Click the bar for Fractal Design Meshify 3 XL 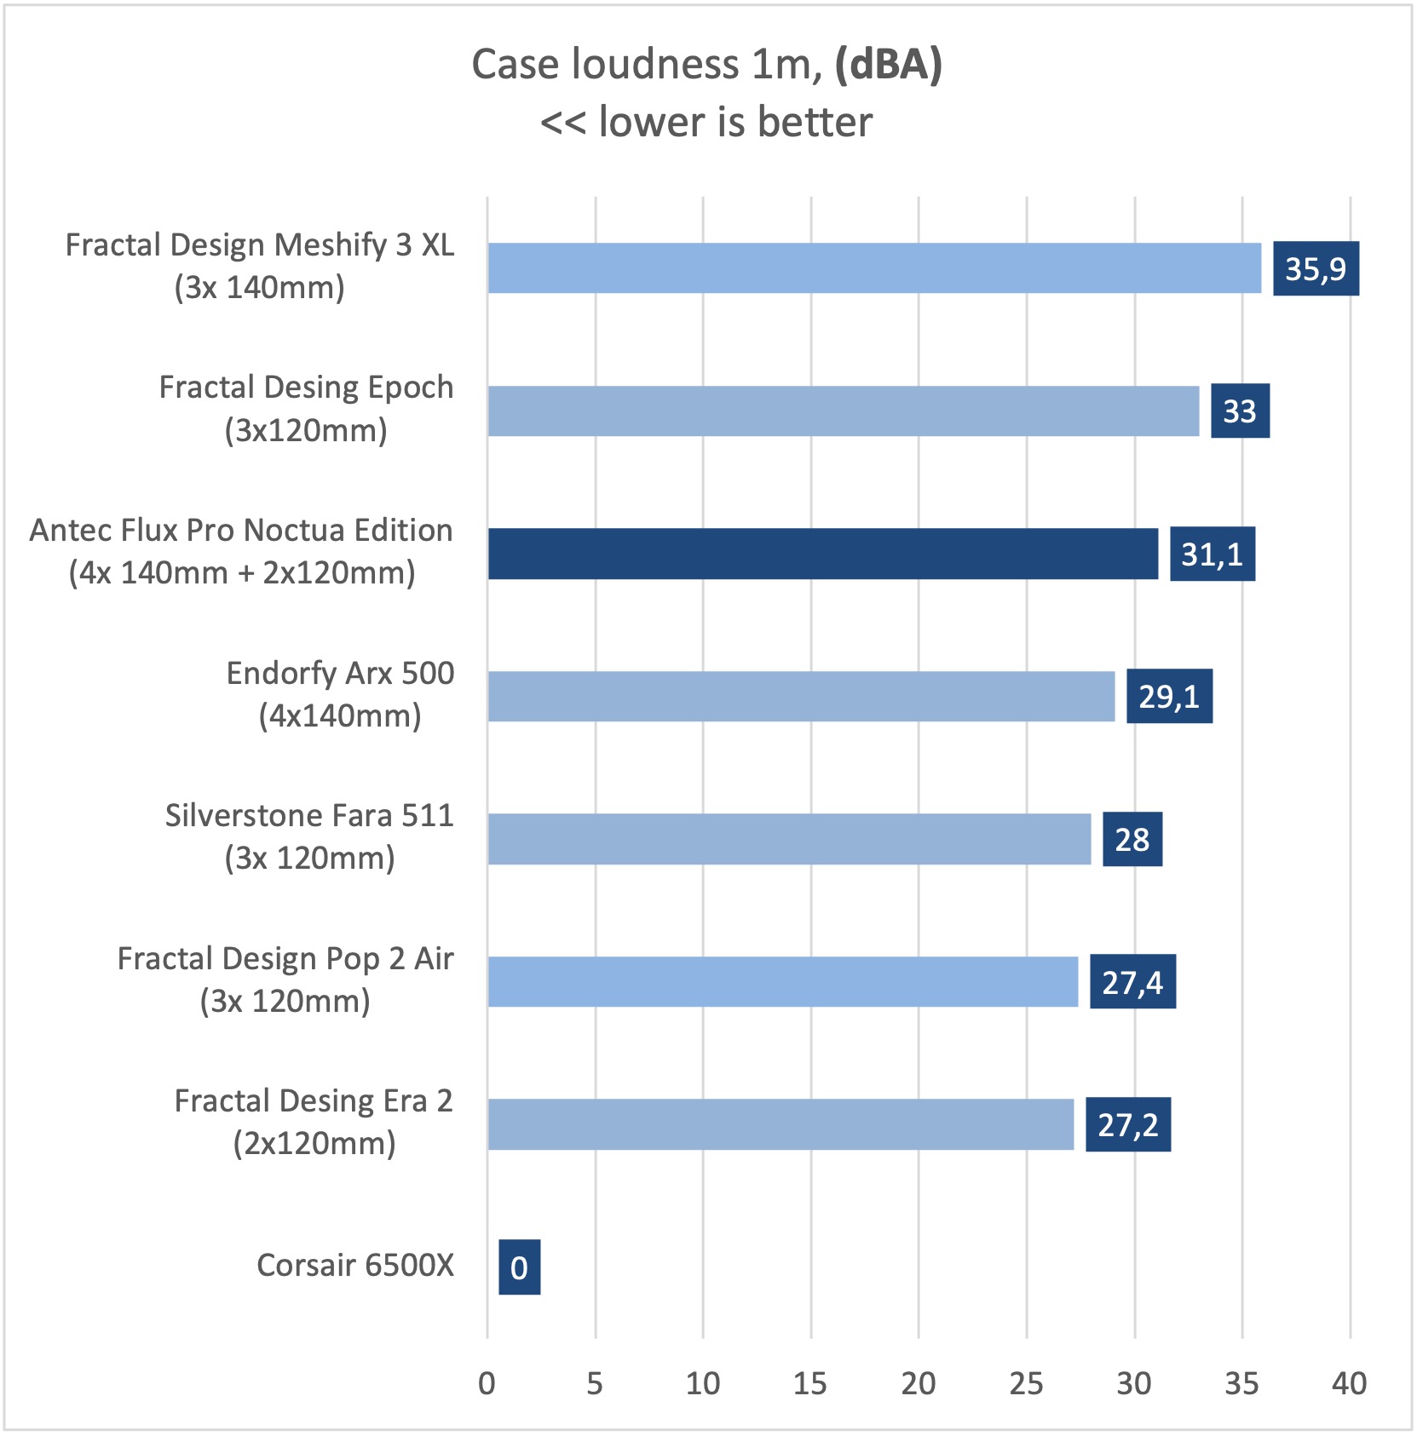(874, 268)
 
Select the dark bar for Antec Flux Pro (823, 554)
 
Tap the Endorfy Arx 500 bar (801, 696)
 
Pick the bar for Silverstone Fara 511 (789, 839)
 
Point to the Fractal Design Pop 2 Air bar (782, 981)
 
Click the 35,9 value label (1316, 269)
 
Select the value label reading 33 (1240, 411)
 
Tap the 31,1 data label (1212, 554)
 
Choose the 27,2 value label (1127, 1125)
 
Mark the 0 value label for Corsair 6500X (519, 1267)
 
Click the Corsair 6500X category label (355, 1266)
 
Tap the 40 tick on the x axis (1349, 1383)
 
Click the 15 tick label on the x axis (809, 1383)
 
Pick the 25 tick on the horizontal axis (1026, 1383)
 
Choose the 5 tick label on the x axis (595, 1383)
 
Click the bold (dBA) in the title (889, 65)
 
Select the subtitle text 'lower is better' (735, 122)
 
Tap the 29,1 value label (1169, 697)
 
